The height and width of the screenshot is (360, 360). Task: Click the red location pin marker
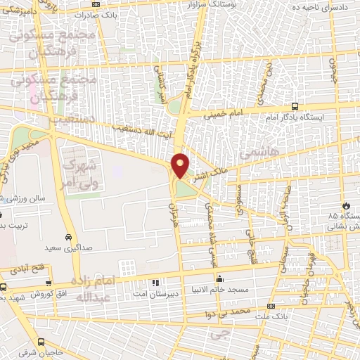(x=181, y=165)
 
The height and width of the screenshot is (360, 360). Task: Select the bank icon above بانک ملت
(x=271, y=306)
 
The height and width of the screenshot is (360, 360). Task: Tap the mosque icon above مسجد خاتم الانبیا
(x=220, y=277)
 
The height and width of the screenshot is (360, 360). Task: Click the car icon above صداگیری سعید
(x=67, y=237)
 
